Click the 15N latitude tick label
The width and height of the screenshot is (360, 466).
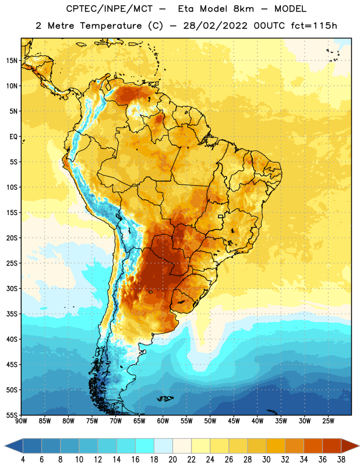12,61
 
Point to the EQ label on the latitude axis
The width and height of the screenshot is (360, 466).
13,137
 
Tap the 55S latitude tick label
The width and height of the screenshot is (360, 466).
12,415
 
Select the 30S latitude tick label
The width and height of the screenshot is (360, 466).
12,288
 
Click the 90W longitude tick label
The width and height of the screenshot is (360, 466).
21,421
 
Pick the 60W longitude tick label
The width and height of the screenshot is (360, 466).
163,421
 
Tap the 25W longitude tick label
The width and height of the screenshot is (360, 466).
328,421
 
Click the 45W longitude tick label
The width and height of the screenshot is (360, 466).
234,421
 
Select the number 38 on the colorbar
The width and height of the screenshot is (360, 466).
341,460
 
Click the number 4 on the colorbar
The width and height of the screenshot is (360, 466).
23,460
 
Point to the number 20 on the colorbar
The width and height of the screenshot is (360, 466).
172,460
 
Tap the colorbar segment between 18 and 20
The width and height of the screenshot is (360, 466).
163,446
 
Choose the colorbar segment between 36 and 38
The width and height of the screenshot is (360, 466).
332,446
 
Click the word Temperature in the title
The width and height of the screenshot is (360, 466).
111,26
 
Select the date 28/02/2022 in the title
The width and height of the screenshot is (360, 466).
215,26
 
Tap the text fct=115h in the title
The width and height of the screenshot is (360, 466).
314,26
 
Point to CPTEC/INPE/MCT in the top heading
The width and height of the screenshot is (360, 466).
109,9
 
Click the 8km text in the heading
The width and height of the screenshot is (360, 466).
243,9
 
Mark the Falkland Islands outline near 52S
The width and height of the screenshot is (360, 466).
165,398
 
